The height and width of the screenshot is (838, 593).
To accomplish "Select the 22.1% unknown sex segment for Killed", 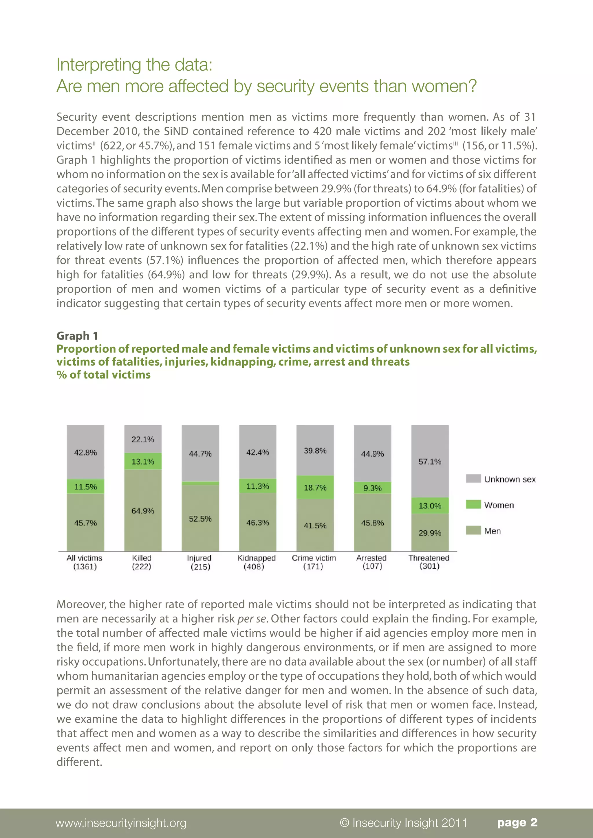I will click(x=143, y=439).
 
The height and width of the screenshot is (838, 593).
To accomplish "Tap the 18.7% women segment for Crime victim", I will click(x=315, y=487).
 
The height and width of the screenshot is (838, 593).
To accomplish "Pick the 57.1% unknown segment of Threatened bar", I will click(x=430, y=461).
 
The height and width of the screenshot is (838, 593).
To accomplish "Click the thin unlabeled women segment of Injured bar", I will click(x=200, y=483).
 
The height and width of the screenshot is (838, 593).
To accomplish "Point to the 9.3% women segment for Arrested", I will click(x=372, y=488).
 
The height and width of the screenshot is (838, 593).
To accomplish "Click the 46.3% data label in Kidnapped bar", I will click(x=257, y=522).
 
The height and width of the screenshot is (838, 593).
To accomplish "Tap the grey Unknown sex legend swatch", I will click(x=473, y=479).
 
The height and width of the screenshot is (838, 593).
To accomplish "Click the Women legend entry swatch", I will click(x=473, y=504).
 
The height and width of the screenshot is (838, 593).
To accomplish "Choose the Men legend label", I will click(x=492, y=531).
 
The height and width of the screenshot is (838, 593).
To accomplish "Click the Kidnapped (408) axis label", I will click(x=256, y=562).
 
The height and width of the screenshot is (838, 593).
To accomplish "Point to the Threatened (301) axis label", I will click(x=429, y=562).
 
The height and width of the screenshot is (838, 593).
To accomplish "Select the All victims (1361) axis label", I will click(x=84, y=562).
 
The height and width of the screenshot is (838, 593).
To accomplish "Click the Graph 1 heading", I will click(x=77, y=335).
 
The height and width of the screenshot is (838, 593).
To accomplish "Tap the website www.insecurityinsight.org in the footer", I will click(x=121, y=823).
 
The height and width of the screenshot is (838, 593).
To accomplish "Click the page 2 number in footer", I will click(x=517, y=822).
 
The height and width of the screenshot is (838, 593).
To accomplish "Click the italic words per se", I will click(x=252, y=619).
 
